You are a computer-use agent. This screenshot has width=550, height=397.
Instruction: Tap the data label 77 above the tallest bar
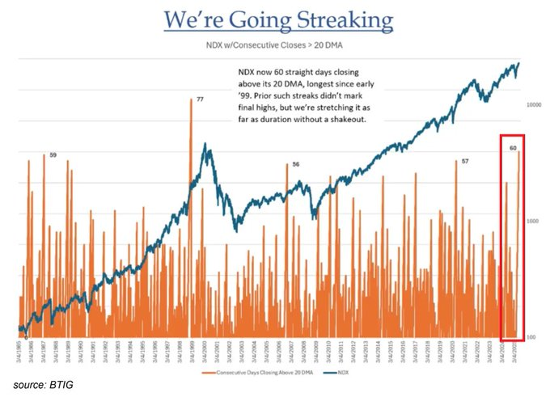[x=199, y=98]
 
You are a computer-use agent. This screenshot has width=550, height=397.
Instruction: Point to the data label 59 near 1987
[x=53, y=154]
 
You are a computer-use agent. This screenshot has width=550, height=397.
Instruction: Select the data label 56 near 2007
[x=296, y=164]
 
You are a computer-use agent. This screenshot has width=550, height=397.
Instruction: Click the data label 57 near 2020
[x=465, y=162]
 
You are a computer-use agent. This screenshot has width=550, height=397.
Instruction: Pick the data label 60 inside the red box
[x=513, y=148]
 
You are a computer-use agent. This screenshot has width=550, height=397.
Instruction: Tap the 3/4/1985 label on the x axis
[x=19, y=353]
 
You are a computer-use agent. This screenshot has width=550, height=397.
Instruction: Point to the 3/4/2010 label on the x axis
[x=331, y=353]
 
